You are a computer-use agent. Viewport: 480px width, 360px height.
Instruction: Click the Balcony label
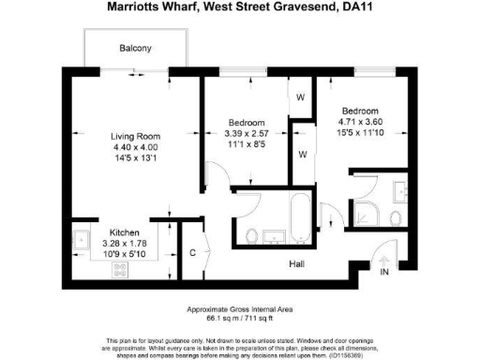136,48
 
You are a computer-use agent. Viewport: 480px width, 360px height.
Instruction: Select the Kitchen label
126,232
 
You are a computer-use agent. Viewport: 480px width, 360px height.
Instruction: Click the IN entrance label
383,271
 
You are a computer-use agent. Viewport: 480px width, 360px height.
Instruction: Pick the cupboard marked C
191,252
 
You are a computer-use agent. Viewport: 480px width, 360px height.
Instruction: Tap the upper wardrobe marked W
301,97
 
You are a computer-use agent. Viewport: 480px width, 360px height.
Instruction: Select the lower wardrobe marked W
302,153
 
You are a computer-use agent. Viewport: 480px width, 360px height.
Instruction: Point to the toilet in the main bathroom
252,233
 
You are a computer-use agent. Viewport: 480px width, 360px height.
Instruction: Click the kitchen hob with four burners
120,270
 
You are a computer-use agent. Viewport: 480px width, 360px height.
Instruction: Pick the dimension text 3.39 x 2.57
247,135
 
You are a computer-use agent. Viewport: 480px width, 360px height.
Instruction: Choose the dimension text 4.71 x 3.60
361,120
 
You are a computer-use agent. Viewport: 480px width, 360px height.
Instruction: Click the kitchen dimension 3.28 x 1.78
126,242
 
